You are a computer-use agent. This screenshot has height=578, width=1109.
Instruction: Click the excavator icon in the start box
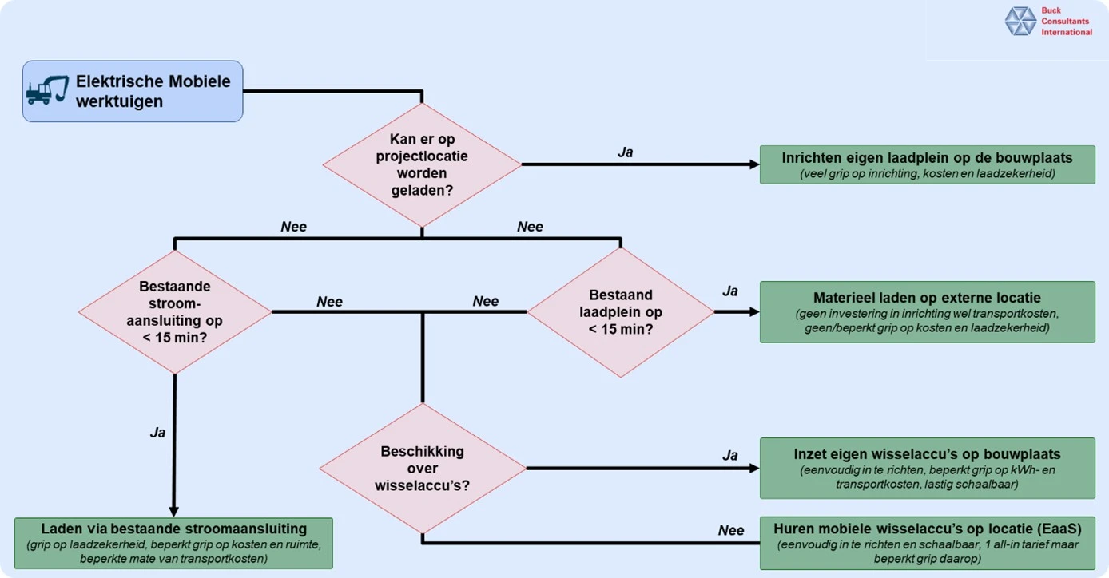(x=47, y=90)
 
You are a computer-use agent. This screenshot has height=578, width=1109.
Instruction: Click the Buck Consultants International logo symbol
(x=1020, y=22)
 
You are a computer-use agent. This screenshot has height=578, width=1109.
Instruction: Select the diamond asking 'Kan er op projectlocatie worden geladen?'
(x=422, y=164)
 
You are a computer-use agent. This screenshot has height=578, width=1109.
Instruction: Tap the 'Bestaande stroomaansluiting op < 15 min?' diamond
(x=175, y=311)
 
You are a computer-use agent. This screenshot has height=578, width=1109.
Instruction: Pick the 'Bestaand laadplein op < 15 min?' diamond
(x=621, y=311)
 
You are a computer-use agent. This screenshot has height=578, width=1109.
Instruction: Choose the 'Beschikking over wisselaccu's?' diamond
(x=422, y=468)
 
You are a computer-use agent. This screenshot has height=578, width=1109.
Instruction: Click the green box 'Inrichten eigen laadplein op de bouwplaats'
(x=927, y=164)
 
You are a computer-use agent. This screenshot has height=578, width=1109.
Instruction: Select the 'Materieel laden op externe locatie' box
(x=927, y=311)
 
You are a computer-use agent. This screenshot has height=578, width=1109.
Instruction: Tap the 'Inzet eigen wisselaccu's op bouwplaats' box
(x=927, y=468)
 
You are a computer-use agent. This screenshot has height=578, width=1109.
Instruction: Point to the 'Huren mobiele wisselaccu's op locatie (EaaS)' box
(x=927, y=543)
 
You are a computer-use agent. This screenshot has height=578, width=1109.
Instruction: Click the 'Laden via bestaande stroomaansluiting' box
(x=173, y=543)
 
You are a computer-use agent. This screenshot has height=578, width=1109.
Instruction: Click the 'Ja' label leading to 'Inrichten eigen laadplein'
(x=626, y=152)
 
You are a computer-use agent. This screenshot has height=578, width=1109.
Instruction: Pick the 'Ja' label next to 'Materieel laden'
(x=729, y=291)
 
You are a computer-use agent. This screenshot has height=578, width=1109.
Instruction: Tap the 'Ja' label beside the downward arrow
(x=157, y=432)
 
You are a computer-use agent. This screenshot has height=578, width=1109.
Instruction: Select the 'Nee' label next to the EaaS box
(x=731, y=530)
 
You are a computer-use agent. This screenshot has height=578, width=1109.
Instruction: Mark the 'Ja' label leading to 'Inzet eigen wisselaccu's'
(x=729, y=455)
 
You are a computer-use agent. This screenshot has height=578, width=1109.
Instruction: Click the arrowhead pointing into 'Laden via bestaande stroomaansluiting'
(x=174, y=512)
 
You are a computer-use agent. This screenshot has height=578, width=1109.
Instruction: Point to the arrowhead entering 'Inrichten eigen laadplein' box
(x=754, y=164)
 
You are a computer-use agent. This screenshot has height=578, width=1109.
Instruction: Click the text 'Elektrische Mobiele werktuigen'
(x=153, y=91)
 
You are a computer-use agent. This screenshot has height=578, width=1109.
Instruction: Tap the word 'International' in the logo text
(x=1066, y=32)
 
